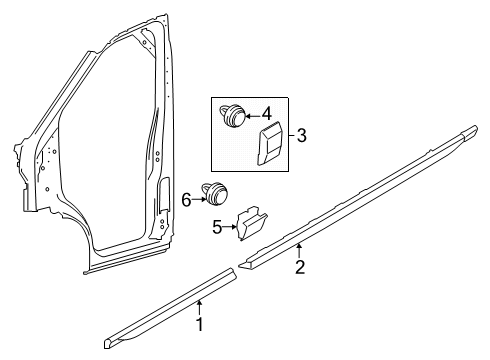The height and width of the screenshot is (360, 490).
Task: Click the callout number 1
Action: pos(200,324)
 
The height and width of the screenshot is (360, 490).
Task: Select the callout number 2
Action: pos(300,267)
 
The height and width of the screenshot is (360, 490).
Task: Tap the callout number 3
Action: pos(301,136)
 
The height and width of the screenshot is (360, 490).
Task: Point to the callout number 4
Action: pos(267,114)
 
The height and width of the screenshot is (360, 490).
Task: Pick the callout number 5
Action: pos(217,228)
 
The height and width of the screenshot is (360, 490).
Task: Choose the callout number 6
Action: pos(186,200)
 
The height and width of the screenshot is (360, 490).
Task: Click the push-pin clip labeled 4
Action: pos(232,115)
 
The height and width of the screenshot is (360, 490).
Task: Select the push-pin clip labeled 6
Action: pos(215,193)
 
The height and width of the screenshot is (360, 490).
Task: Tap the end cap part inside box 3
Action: pos(270,143)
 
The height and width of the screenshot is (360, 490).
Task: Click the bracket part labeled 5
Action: pos(251,223)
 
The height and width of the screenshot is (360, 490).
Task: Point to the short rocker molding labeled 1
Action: pos(170,308)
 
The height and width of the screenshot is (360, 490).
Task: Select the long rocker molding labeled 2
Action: pos(358,197)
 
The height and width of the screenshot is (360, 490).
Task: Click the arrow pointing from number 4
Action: pos(253,115)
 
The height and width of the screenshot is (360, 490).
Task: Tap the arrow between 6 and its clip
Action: pos(199,200)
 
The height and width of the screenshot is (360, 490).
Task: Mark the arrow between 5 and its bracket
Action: pos(229,227)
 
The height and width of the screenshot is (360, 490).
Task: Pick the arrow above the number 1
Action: pos(199,308)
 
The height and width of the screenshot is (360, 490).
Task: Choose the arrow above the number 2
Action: pos(299,251)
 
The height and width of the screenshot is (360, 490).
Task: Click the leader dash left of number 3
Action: pos(292,135)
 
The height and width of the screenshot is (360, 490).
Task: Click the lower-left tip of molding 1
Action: pos(105,344)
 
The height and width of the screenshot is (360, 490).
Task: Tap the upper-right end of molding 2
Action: pos(475,128)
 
